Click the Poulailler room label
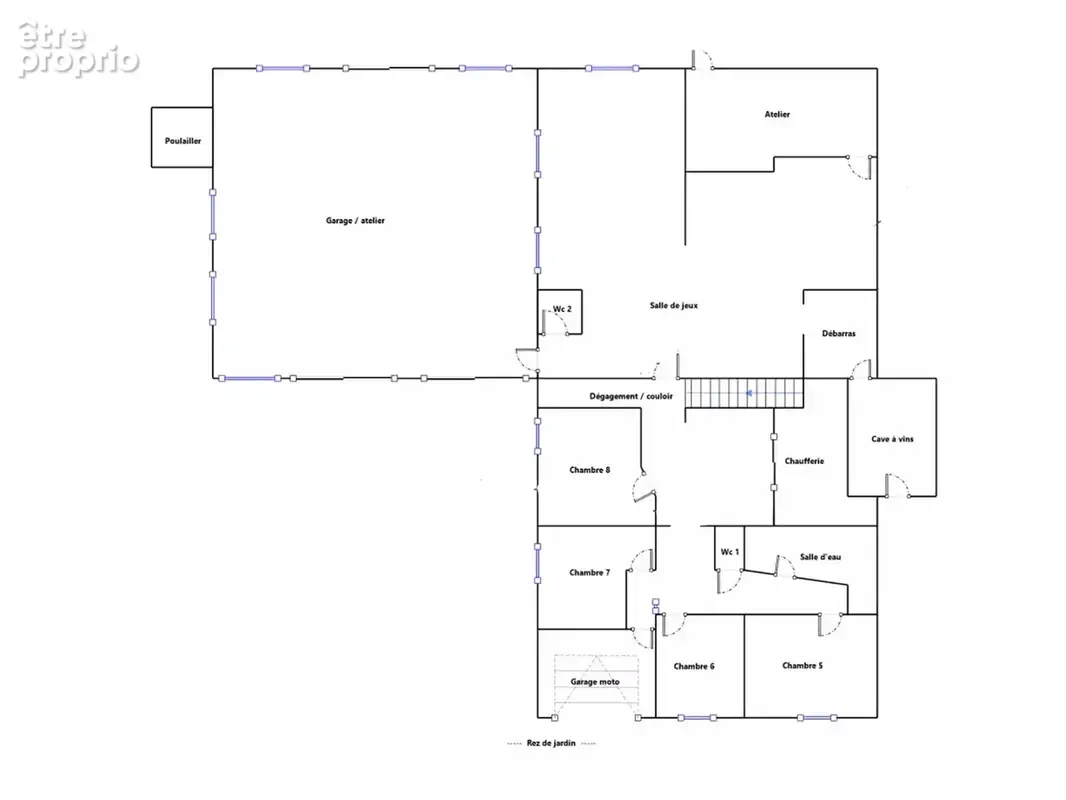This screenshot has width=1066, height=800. click(183, 141)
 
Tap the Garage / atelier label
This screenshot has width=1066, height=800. click(355, 220)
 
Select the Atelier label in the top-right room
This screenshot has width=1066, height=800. click(777, 114)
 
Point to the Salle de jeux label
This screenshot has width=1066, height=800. click(674, 305)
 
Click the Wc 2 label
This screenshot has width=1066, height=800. click(562, 309)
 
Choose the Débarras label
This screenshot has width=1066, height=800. click(839, 333)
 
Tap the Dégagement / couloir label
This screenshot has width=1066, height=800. click(631, 396)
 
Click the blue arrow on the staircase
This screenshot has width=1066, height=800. click(749, 393)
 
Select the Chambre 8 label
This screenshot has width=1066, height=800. click(589, 470)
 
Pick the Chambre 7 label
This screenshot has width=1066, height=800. click(589, 572)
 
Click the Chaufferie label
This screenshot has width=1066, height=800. click(804, 461)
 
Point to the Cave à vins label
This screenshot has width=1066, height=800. click(893, 439)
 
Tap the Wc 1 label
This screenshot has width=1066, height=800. click(729, 552)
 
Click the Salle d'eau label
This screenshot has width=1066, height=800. click(821, 557)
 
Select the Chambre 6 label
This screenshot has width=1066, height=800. click(694, 666)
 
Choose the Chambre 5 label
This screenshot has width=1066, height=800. click(802, 665)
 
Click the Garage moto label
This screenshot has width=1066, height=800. click(595, 682)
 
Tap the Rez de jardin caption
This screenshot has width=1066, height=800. click(551, 743)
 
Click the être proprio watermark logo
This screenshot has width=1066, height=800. click(78, 49)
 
